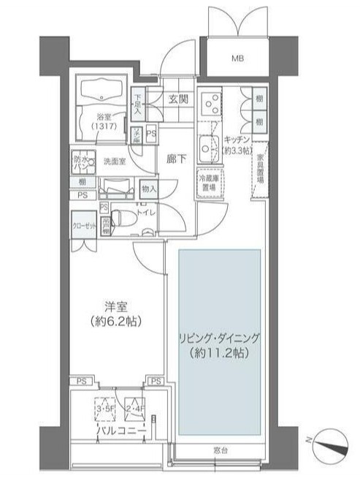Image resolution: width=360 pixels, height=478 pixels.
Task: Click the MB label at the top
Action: coord(238,58)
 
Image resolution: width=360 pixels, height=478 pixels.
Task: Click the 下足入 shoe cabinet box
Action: coord(137,105)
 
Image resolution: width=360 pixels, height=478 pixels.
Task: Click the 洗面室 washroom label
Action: coord(115,162)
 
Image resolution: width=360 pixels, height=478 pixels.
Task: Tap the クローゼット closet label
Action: coord(84,226)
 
